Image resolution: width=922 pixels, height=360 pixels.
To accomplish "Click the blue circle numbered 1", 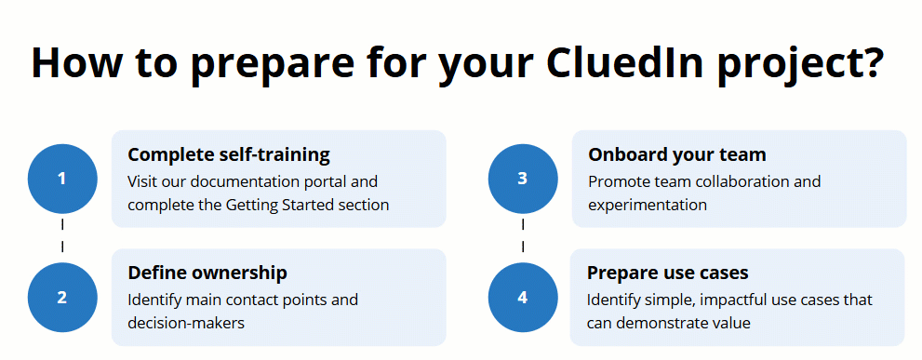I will tap(62, 179).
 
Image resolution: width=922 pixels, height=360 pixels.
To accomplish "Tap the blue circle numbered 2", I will tap(62, 298).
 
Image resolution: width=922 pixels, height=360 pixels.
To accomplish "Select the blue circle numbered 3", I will tap(523, 179).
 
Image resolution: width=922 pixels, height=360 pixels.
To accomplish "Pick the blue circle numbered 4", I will tap(523, 298).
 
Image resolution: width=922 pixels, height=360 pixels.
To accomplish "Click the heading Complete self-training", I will tap(229, 154).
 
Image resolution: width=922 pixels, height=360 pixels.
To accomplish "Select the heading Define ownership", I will tap(207, 273).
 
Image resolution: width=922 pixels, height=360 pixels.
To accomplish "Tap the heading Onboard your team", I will tap(677, 154).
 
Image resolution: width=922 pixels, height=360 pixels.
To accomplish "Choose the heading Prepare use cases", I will tap(668, 273).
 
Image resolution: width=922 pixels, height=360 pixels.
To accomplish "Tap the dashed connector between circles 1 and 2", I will tap(62, 236).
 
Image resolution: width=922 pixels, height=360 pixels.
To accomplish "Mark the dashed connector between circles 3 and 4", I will tap(523, 236).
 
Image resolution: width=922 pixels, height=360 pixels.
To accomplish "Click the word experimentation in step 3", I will tap(648, 205).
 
